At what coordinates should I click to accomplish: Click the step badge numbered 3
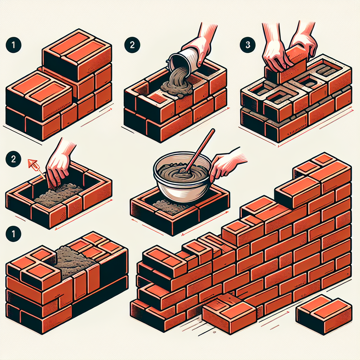247,45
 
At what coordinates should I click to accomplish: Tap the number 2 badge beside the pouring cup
132,45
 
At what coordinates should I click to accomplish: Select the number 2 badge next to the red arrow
13,159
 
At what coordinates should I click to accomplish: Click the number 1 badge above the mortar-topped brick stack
13,234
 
